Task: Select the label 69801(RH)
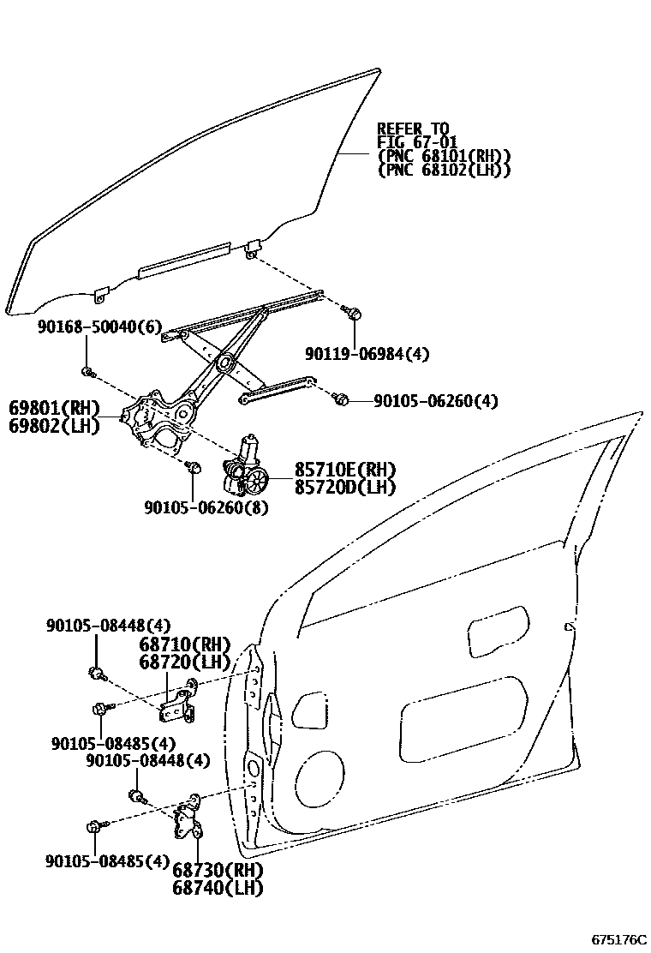point(55,407)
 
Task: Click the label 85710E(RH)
point(346,470)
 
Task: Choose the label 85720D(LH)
point(346,487)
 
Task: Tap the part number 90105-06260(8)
point(206,507)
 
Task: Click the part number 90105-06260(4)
point(436,400)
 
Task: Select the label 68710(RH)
point(185,644)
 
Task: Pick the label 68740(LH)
point(217,887)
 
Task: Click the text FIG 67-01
point(417,142)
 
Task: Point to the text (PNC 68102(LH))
point(444,170)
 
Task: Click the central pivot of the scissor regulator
point(226,362)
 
